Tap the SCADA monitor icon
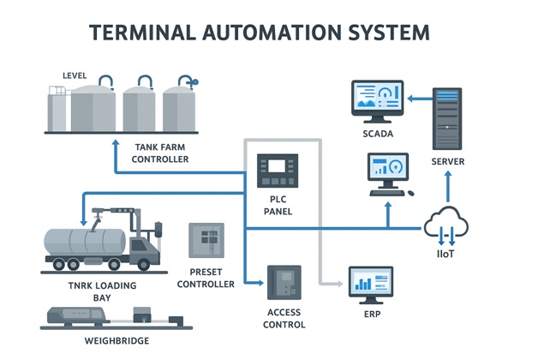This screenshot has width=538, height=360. click(x=377, y=101)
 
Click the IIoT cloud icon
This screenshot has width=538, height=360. click(x=445, y=225)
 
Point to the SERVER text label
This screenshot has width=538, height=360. click(x=448, y=161)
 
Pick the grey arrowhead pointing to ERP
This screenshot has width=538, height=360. click(x=339, y=283)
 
